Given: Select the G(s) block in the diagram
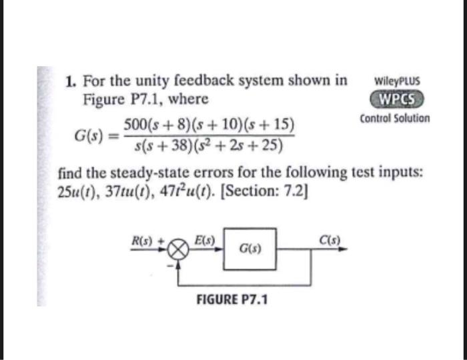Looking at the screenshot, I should pyautogui.click(x=250, y=250).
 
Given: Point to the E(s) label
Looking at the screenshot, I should pyautogui.click(x=203, y=239).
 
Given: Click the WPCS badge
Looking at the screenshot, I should pyautogui.click(x=396, y=100).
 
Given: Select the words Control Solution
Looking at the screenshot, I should pyautogui.click(x=395, y=119).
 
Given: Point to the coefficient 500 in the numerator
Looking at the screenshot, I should pyautogui.click(x=135, y=125).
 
